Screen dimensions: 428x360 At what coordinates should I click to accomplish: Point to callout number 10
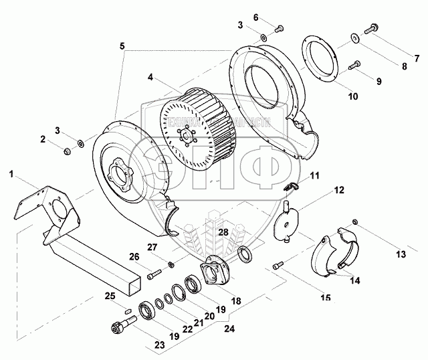click(x=353, y=96)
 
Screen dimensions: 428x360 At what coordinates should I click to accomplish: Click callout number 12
click(x=339, y=191)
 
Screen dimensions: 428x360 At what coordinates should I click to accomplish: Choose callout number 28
click(x=223, y=232)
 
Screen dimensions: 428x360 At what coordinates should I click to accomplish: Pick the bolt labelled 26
click(x=153, y=273)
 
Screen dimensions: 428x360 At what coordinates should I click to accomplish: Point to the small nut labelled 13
click(x=356, y=221)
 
